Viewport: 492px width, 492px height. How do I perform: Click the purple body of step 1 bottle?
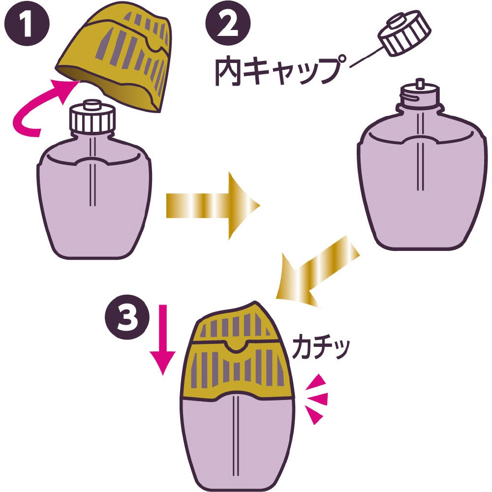pos(93,207)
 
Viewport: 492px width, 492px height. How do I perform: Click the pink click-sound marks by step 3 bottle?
pos(315,398)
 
